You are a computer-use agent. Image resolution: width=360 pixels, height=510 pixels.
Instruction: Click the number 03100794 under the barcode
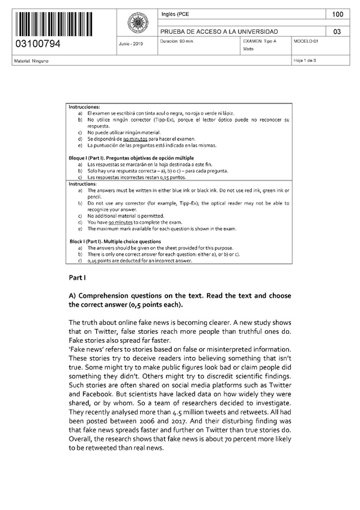tap(37, 45)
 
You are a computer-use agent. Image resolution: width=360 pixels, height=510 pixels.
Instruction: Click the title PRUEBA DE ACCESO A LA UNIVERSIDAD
tap(218, 31)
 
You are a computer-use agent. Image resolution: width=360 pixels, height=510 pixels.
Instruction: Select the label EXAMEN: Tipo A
tap(260, 41)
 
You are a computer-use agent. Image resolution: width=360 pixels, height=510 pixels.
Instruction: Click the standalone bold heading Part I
tap(78, 278)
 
